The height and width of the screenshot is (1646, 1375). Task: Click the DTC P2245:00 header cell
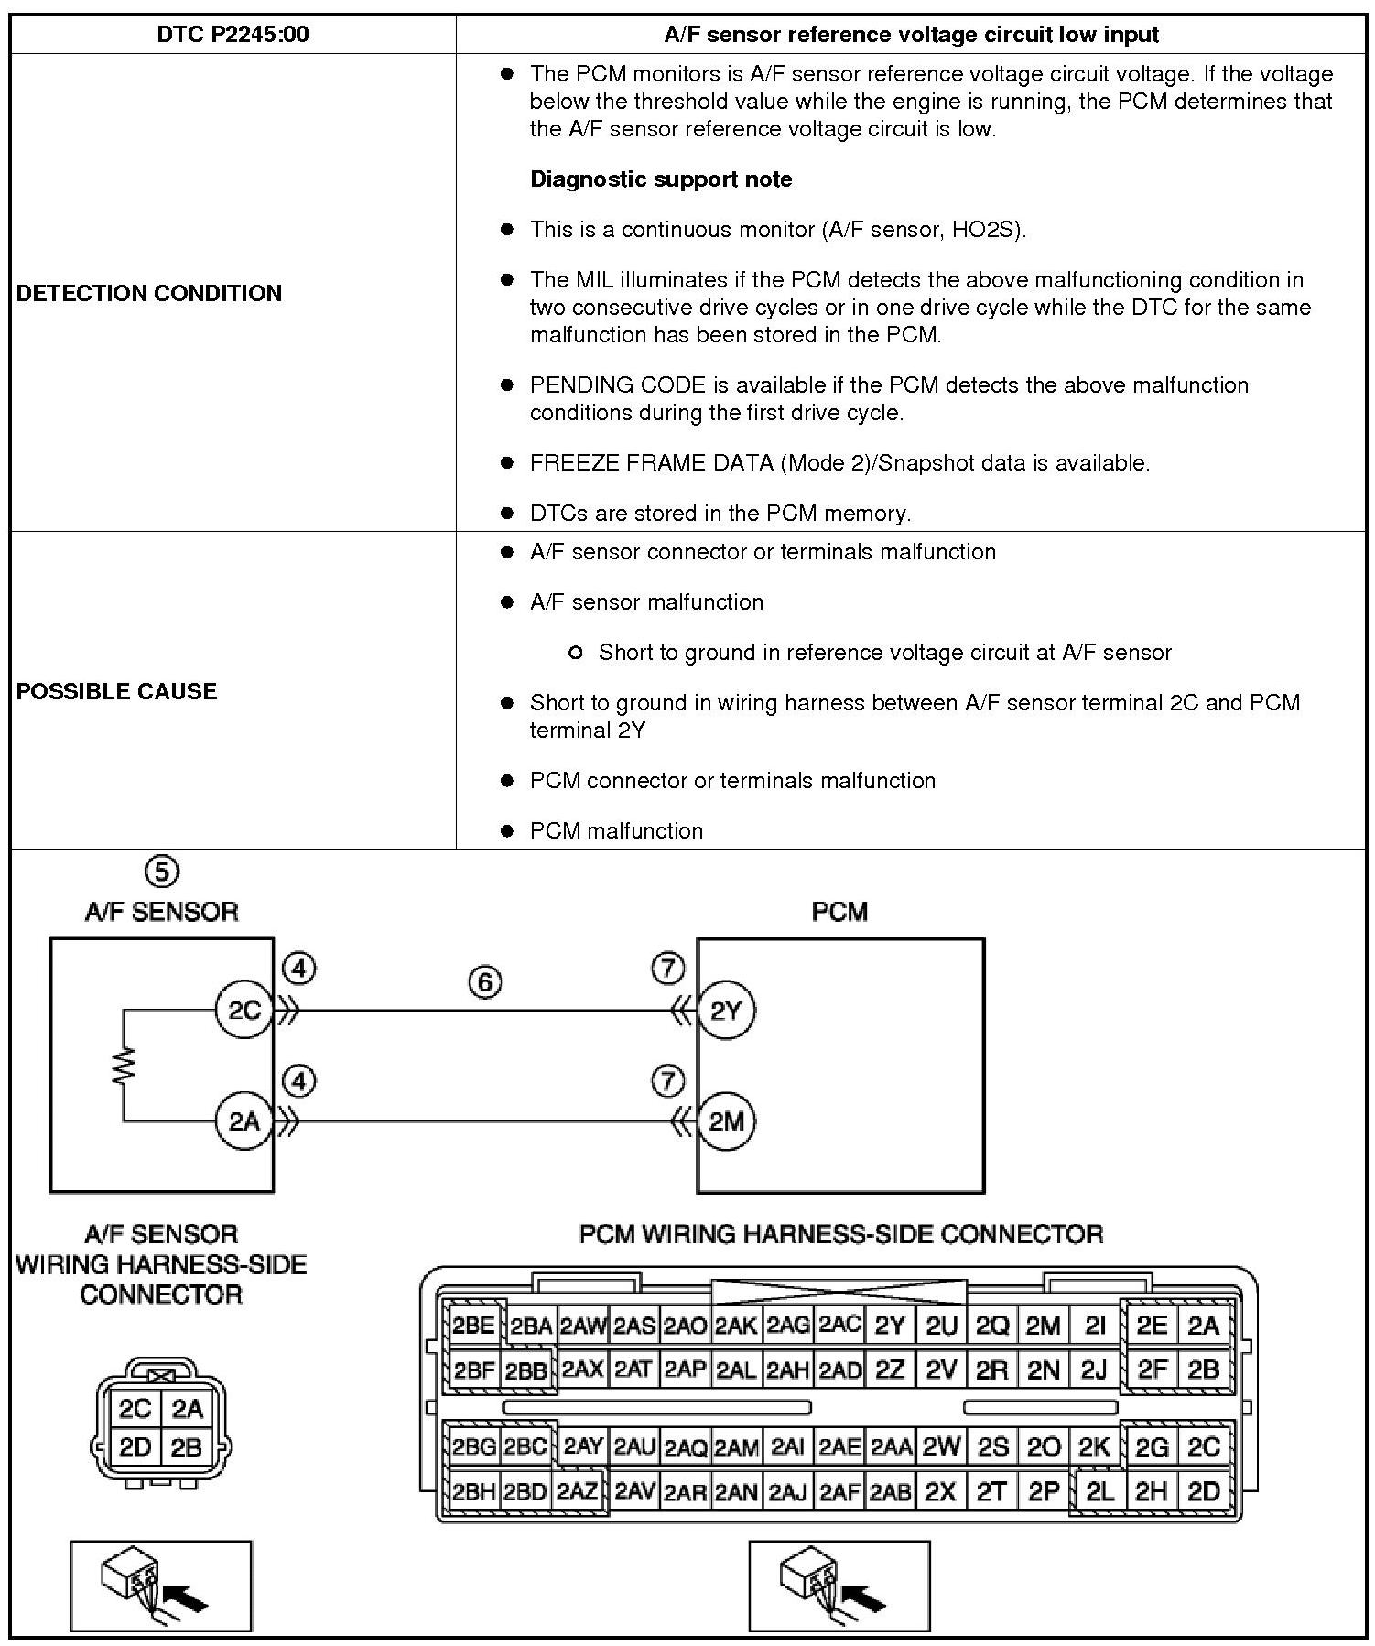click(x=233, y=35)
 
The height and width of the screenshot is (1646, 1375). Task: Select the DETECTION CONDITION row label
click(x=149, y=293)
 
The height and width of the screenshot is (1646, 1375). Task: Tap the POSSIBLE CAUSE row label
click(x=117, y=690)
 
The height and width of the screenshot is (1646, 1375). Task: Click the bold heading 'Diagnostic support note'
click(x=661, y=179)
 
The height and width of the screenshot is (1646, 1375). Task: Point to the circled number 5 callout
click(x=161, y=871)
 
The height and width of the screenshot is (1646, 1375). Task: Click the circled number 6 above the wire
click(x=485, y=982)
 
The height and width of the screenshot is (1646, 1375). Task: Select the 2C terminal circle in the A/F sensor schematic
click(x=244, y=1011)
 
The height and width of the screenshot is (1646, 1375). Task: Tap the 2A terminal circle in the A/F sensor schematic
click(x=244, y=1121)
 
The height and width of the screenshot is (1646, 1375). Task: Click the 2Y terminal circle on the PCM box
click(x=726, y=1011)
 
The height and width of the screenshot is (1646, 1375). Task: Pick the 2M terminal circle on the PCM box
click(x=726, y=1121)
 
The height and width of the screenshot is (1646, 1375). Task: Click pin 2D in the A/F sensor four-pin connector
click(x=135, y=1447)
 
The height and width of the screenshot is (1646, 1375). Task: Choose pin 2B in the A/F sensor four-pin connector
click(x=186, y=1447)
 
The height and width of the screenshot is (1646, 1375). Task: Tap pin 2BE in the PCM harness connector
click(x=473, y=1326)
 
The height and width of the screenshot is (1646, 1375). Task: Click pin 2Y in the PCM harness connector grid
click(x=890, y=1326)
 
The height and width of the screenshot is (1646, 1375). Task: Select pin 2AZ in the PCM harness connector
click(x=578, y=1491)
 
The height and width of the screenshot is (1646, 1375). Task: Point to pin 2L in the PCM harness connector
click(x=1099, y=1491)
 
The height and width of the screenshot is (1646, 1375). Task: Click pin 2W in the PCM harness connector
click(x=941, y=1446)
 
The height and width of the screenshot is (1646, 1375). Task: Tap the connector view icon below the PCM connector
click(x=839, y=1586)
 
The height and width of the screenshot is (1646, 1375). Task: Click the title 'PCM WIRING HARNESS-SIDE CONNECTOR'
click(x=840, y=1234)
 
